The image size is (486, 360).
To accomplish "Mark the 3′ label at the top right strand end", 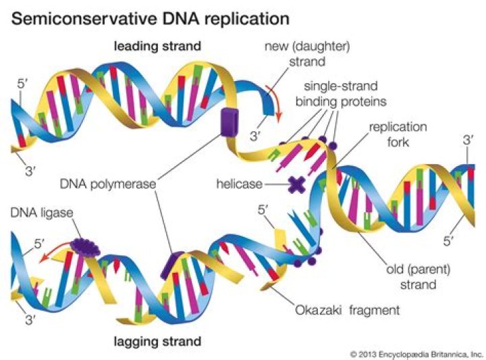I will click(x=469, y=140).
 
